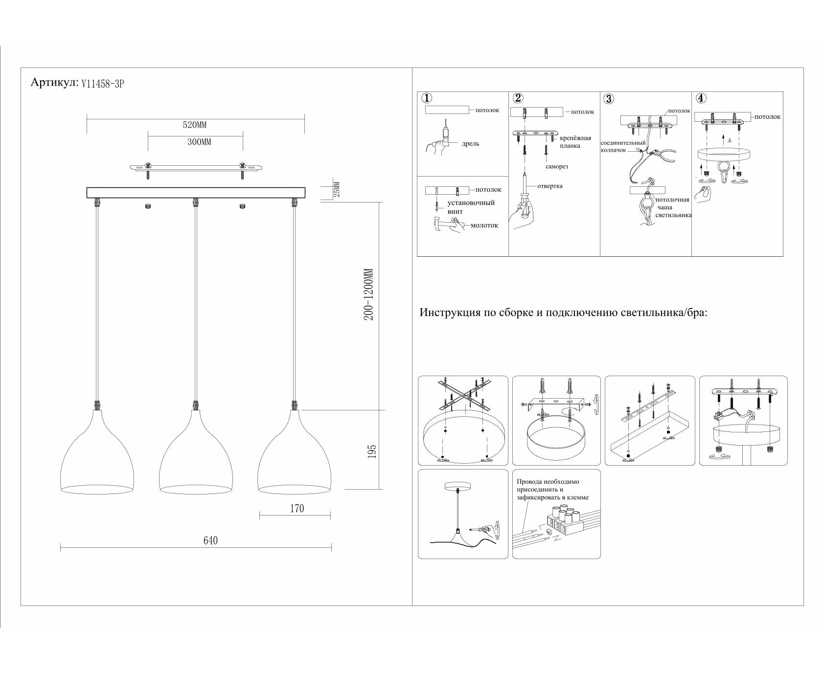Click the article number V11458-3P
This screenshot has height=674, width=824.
click(103, 84)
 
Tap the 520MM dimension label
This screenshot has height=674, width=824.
click(195, 125)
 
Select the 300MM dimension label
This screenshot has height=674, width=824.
click(199, 142)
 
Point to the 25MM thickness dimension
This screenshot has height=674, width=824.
click(336, 190)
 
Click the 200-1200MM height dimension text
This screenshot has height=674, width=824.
click(369, 294)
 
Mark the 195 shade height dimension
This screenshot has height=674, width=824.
click(372, 451)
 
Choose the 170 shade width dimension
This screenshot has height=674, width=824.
click(297, 509)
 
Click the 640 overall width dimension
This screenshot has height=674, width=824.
click(210, 540)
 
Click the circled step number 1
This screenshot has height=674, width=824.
click(427, 98)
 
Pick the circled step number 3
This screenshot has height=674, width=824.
click(608, 99)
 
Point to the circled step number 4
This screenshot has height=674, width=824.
click(702, 98)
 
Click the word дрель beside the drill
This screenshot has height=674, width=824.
click(470, 144)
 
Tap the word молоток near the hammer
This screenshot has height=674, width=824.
click(484, 225)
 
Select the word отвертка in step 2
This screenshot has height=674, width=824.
click(549, 186)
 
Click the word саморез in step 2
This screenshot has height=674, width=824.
click(556, 167)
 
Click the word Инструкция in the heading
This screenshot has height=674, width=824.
click(450, 313)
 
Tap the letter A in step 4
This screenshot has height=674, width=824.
click(730, 140)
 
